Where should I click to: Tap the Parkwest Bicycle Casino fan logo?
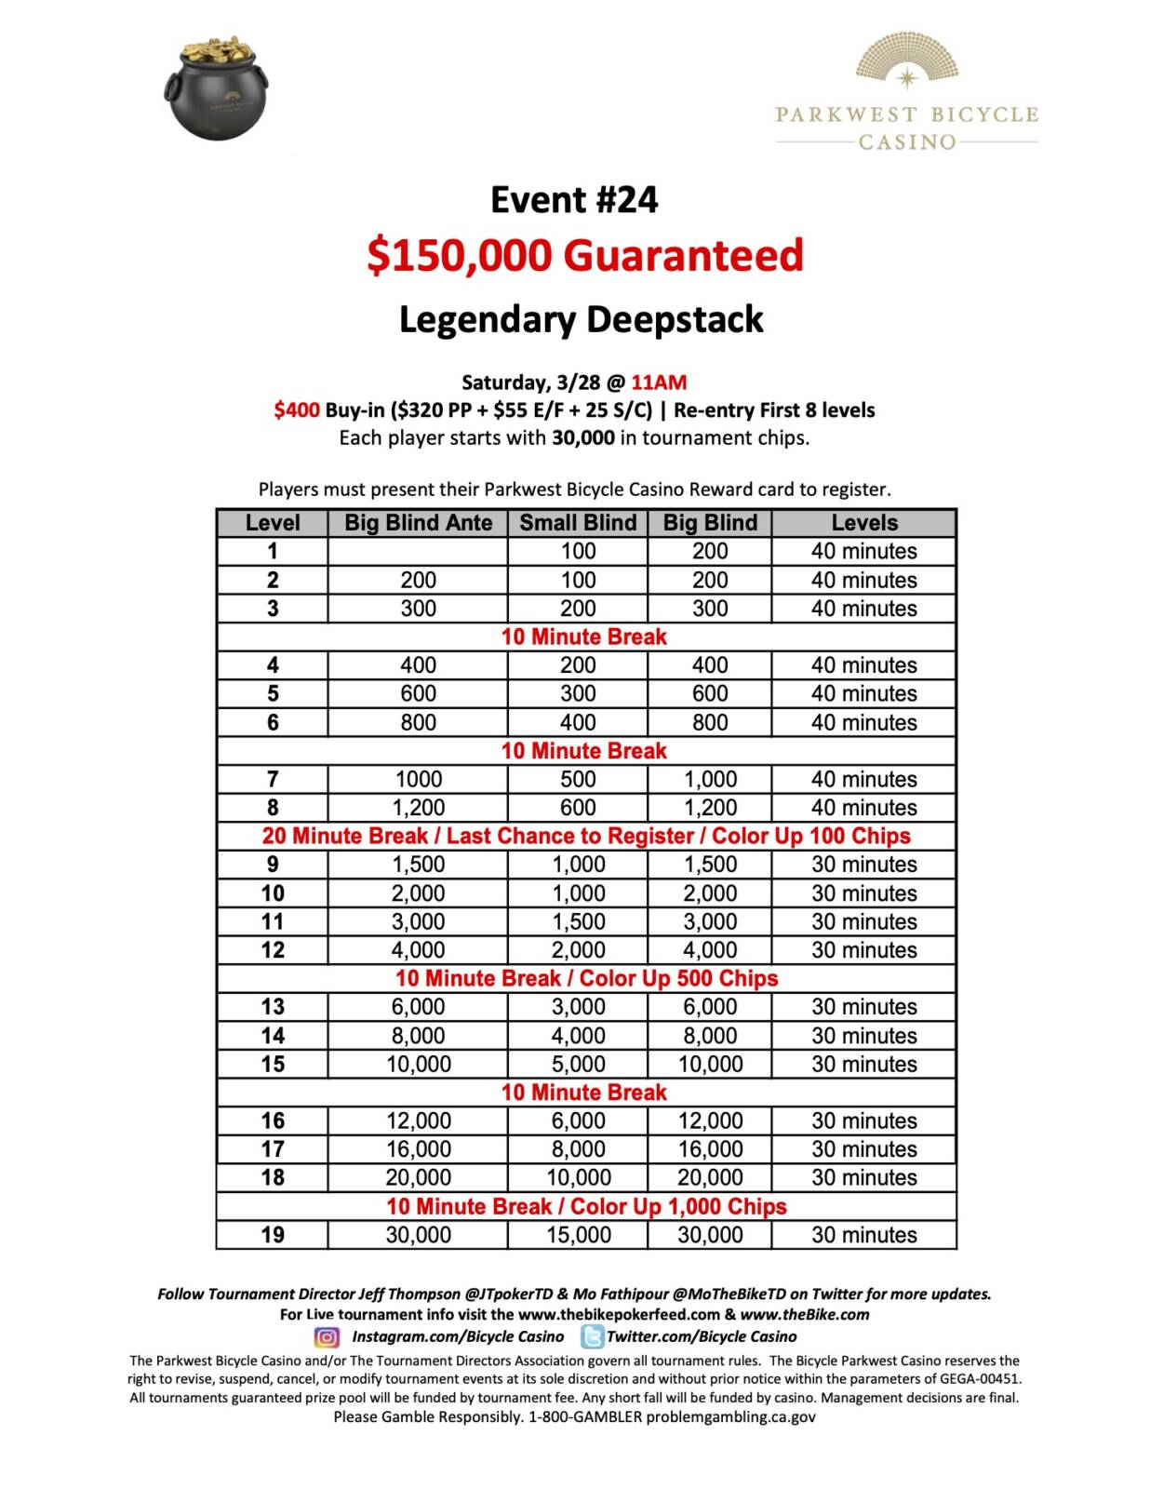coord(906,61)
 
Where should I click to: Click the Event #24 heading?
coord(574,200)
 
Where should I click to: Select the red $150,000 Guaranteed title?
coord(584,255)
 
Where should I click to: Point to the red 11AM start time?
coord(659,382)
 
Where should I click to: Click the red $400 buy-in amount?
coord(297,410)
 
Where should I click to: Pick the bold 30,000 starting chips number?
coord(582,437)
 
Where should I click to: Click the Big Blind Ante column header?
coord(418,523)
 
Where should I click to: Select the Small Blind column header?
coord(578,523)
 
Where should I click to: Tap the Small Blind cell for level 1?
coord(578,551)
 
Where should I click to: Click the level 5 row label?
coord(273,693)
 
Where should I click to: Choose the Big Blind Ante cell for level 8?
coord(418,808)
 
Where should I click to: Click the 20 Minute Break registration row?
coord(586,836)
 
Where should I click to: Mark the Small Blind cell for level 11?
coord(578,921)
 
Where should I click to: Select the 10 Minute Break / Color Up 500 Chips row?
coord(586,978)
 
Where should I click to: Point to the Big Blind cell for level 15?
coord(710,1064)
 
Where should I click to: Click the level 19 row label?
coord(273,1235)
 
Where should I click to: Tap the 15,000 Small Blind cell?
coord(578,1235)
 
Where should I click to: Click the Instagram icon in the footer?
coord(327,1337)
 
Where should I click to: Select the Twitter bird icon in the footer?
coord(592,1337)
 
